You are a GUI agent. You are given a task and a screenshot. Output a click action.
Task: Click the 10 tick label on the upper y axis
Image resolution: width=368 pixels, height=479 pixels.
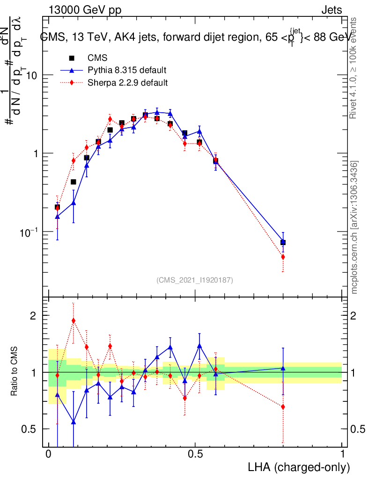click(x=31, y=75)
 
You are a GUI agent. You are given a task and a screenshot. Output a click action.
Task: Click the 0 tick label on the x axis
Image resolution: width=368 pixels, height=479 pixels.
click(x=48, y=454)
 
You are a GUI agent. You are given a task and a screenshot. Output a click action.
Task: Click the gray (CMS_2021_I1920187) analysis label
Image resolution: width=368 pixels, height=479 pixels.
click(x=195, y=280)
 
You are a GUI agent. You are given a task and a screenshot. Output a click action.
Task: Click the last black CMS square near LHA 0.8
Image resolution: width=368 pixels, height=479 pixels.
click(x=283, y=242)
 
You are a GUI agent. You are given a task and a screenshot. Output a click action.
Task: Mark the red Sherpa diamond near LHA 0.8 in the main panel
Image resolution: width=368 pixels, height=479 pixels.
click(x=283, y=257)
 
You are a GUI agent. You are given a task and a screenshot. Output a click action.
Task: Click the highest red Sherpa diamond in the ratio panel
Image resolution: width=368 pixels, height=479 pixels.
click(x=73, y=320)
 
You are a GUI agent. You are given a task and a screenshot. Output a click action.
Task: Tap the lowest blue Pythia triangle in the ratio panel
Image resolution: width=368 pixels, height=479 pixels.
click(x=73, y=422)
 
